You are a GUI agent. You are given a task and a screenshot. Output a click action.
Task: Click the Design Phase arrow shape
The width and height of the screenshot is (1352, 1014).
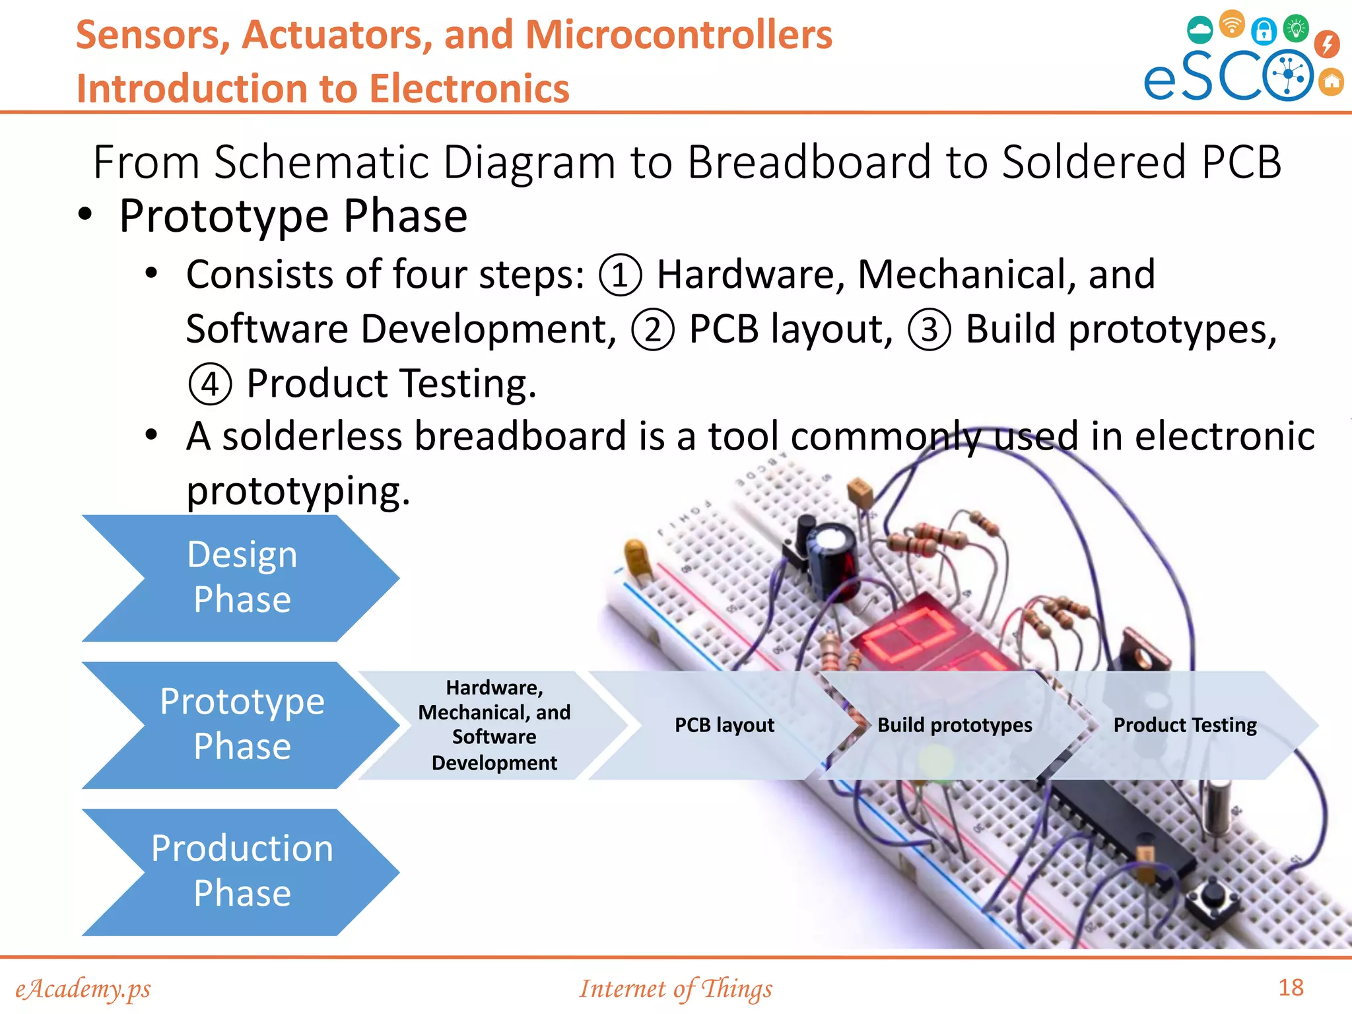[242, 577]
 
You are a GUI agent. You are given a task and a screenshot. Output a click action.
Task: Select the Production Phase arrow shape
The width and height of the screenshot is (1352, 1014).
[242, 871]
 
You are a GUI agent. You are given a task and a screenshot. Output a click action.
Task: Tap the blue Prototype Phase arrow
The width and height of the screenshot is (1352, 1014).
[242, 724]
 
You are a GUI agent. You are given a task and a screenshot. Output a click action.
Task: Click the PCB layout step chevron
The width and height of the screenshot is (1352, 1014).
[724, 725]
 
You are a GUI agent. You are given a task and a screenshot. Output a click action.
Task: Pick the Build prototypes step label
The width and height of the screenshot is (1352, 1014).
[954, 725]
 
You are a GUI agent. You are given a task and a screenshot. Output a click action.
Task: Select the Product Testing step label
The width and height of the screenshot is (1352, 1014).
[1184, 725]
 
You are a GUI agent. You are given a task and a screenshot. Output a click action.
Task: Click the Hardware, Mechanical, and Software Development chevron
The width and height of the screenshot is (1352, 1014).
[494, 725]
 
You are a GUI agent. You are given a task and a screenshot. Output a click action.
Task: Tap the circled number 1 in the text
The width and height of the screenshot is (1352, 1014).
[619, 275]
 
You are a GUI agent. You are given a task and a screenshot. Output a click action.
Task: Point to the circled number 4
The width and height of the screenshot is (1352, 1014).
[210, 384]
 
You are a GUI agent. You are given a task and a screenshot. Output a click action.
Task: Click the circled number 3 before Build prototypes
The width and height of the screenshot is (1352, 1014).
[929, 329]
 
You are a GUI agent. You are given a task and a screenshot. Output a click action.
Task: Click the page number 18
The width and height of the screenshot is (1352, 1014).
[1291, 988]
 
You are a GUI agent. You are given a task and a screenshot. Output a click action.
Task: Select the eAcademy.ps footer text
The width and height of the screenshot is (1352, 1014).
[83, 989]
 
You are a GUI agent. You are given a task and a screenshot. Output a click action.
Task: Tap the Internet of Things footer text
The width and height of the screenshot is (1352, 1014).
[675, 989]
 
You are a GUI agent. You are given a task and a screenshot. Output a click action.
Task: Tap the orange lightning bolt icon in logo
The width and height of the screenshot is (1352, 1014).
[1327, 44]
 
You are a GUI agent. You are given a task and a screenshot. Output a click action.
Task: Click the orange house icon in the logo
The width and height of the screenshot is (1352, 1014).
[1332, 83]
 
